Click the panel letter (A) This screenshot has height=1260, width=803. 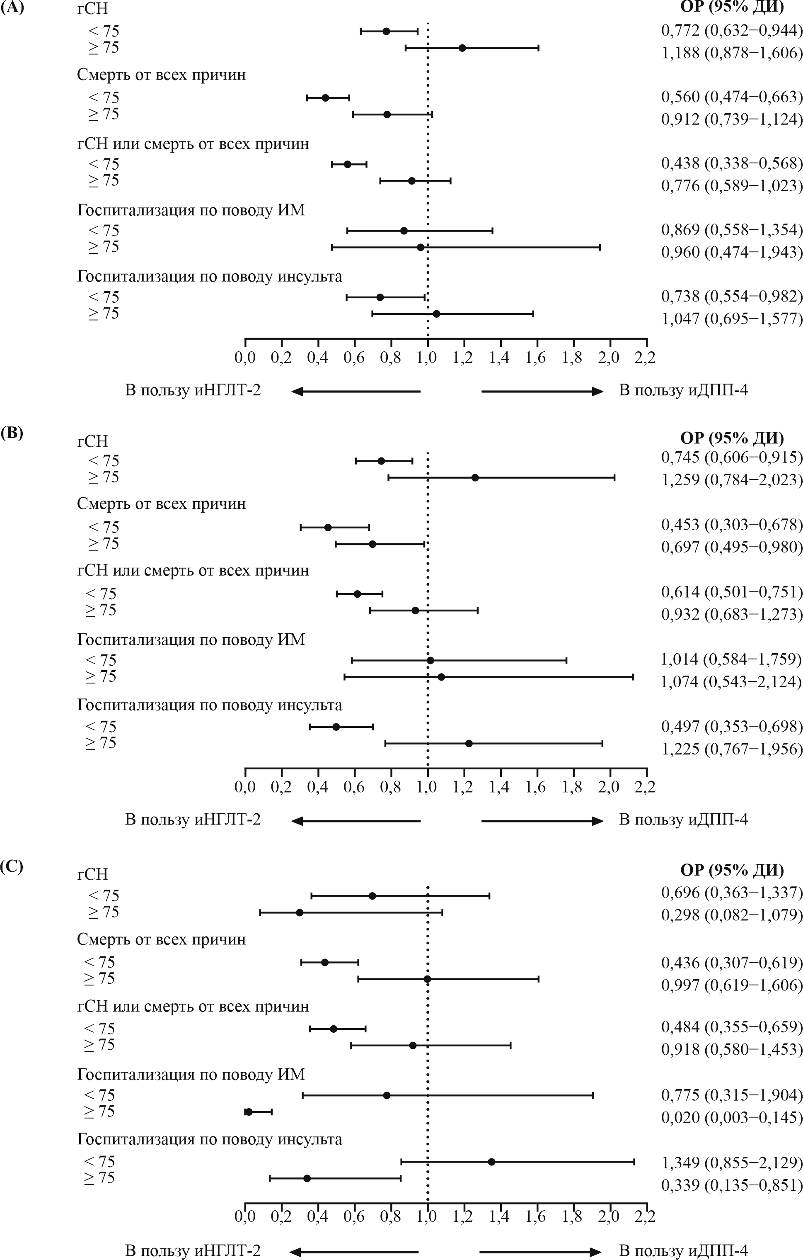(x=12, y=8)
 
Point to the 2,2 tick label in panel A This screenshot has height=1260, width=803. (x=646, y=358)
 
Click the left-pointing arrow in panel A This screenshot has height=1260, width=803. (x=356, y=391)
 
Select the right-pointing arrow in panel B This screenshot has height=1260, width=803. (x=542, y=821)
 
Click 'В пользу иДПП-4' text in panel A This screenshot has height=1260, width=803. (x=683, y=390)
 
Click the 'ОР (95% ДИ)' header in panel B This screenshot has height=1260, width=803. (x=732, y=438)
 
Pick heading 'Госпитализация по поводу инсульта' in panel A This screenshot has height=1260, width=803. (x=210, y=276)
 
